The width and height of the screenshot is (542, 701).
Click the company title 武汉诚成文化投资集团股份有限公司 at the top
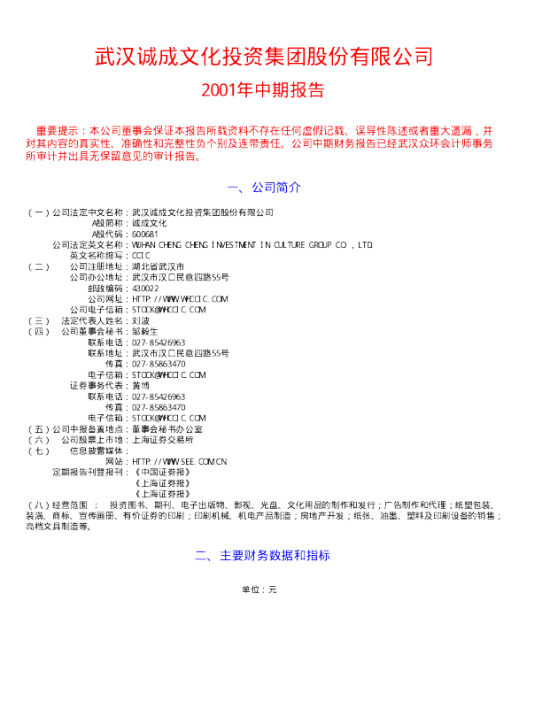pos(263,58)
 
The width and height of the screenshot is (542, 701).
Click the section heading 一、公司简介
pos(264,189)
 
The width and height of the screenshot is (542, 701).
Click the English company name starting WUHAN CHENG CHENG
pos(252,244)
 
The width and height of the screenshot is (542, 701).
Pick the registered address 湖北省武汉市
pos(158,266)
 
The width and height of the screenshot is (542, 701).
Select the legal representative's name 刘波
pos(141,320)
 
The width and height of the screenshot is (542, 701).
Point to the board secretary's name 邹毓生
pos(145,331)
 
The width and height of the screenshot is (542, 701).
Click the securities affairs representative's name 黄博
pos(141,385)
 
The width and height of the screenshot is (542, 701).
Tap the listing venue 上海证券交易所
pos(163,439)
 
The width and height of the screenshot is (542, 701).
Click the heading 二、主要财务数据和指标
pos(263,556)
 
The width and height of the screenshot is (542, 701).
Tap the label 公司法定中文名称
pos(89,212)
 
